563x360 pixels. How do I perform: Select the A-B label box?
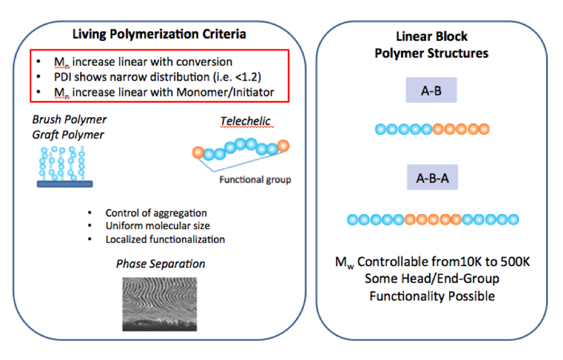coord(431,90)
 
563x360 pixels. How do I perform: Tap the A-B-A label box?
coord(431,178)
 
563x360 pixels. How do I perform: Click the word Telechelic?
coord(241,121)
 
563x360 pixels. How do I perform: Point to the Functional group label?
coord(254,180)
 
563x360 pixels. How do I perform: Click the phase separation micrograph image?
coord(160,304)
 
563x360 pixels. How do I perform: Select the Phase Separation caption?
coord(160,264)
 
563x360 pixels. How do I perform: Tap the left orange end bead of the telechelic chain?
coord(197,152)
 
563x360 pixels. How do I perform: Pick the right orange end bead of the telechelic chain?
coord(283,145)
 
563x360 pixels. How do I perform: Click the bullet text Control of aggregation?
coord(156,213)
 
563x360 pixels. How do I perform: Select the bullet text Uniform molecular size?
coord(157,226)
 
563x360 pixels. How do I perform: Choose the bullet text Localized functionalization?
coord(165,239)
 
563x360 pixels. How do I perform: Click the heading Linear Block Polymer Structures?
coord(431,45)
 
